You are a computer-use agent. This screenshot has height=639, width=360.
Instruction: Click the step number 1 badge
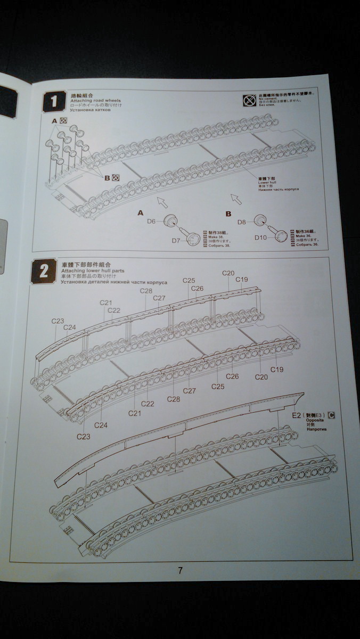[54, 101]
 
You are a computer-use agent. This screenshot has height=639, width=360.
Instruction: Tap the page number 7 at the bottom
[181, 570]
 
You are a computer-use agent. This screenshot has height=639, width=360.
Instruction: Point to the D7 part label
[176, 241]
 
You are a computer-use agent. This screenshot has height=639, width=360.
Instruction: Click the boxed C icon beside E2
[332, 414]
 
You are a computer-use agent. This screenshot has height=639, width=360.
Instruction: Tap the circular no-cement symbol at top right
[248, 100]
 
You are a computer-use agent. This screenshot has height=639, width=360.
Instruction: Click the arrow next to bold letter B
[236, 199]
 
